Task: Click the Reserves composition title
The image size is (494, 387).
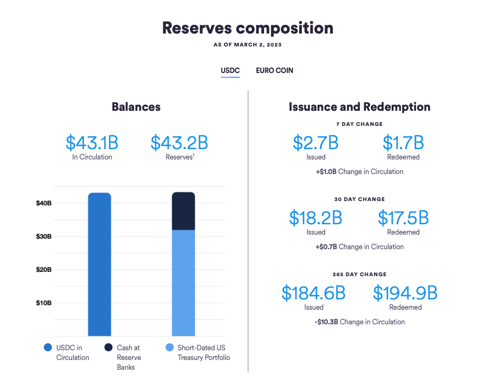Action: coord(247,28)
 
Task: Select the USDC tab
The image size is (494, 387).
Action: coord(230,70)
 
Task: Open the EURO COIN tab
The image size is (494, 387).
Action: coord(274,70)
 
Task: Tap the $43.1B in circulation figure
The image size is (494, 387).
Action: coord(92,143)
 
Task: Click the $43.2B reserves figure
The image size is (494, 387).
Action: coord(179,143)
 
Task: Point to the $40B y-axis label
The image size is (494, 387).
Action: coord(44,203)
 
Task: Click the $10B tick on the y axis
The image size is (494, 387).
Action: coord(44,303)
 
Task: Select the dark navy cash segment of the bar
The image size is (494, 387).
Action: coord(183,211)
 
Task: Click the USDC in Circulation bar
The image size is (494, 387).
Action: coord(100,264)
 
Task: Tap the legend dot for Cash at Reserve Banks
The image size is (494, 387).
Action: coord(108,348)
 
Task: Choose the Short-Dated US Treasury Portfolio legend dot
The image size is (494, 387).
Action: coord(169,348)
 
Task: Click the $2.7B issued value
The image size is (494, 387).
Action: coord(315,143)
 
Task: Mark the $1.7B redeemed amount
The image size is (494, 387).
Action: coord(403,143)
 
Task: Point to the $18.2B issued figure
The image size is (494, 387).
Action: coord(315,218)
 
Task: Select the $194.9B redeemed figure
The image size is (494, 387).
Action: coord(405,293)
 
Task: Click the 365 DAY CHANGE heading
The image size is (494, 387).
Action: coord(360,274)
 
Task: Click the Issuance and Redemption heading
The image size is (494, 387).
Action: coord(360,106)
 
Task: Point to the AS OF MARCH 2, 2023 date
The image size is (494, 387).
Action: coord(247,45)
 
